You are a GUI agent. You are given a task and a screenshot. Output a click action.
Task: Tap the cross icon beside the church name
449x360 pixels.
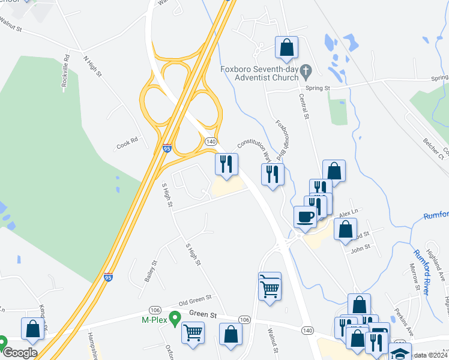click(306, 73)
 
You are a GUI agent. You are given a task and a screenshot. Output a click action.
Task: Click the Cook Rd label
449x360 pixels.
click(127, 143)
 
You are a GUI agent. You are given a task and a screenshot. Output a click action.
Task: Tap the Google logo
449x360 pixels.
click(20, 353)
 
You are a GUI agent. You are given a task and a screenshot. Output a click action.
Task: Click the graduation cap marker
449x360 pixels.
click(400, 352)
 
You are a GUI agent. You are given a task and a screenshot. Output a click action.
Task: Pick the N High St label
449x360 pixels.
click(93, 67)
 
